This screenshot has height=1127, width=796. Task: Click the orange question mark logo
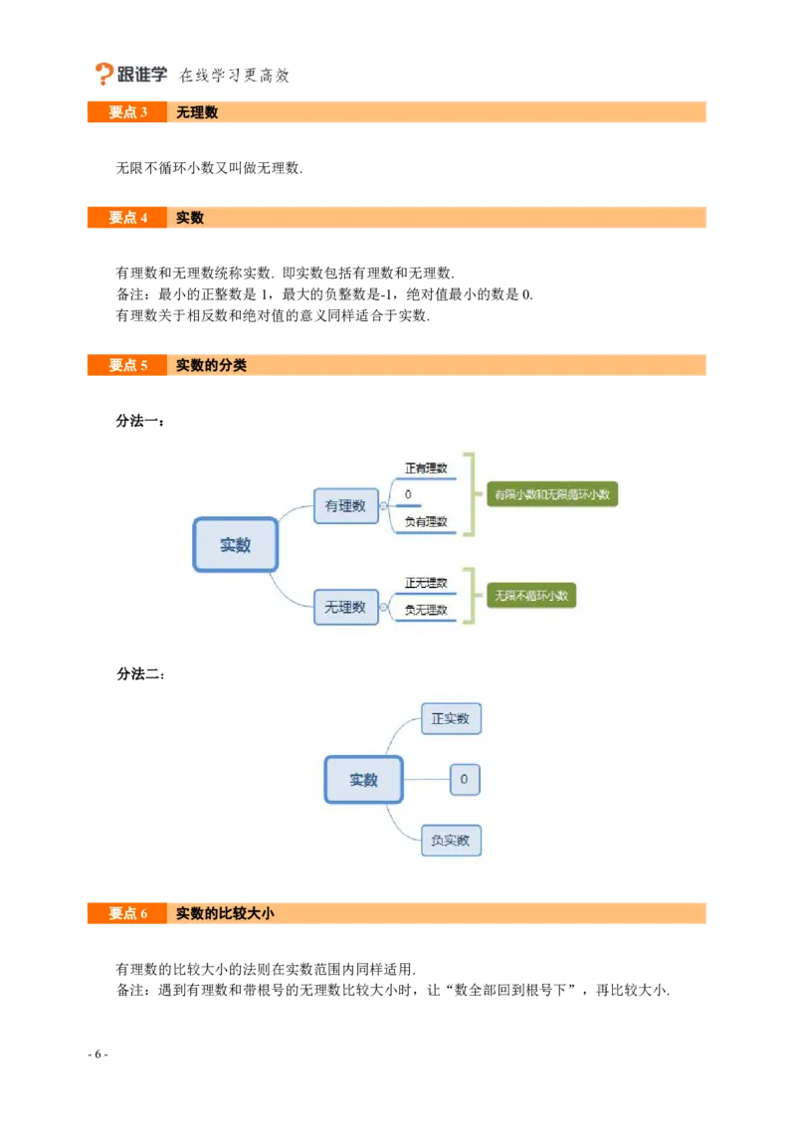coord(103,74)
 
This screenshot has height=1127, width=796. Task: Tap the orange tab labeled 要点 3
coord(127,112)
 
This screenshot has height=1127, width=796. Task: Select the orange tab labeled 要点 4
coord(127,218)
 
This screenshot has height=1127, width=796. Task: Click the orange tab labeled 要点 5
coord(127,365)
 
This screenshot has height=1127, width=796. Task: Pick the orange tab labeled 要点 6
coord(127,913)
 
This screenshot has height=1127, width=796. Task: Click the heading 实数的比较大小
coord(225,913)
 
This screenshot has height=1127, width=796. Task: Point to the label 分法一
coord(140,421)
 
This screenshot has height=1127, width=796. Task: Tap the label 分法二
coord(141,674)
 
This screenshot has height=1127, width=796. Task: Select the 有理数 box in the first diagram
coord(346,506)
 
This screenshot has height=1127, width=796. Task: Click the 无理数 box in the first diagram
coord(346,608)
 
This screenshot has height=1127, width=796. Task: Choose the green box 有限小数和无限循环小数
coord(552,494)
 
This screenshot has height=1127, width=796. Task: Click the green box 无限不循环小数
coord(531,595)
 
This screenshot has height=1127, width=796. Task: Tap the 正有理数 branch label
coord(426,469)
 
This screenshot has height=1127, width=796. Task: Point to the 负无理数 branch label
coord(426,610)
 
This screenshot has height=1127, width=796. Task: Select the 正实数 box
coord(451,719)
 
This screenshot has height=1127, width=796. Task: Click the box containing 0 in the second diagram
coord(465,779)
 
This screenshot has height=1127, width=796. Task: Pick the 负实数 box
coord(451,841)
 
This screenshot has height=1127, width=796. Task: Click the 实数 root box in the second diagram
coord(364,780)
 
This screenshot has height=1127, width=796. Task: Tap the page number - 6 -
coord(98,1054)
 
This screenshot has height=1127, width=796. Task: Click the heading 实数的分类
coord(211,365)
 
